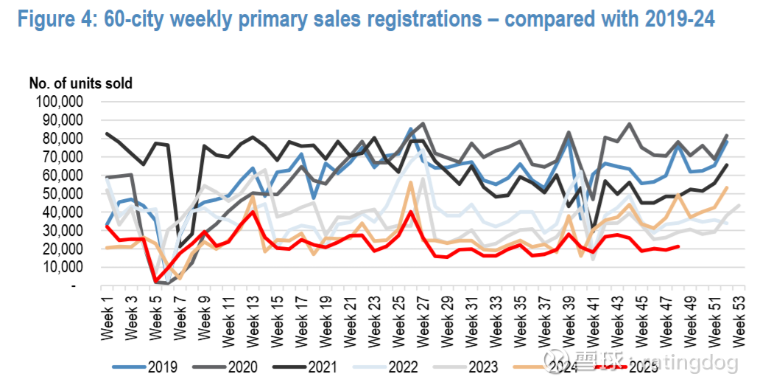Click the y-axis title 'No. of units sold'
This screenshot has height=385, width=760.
[81, 83]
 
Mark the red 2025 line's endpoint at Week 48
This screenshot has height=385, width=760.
[678, 247]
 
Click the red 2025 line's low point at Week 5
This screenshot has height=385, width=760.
[155, 281]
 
